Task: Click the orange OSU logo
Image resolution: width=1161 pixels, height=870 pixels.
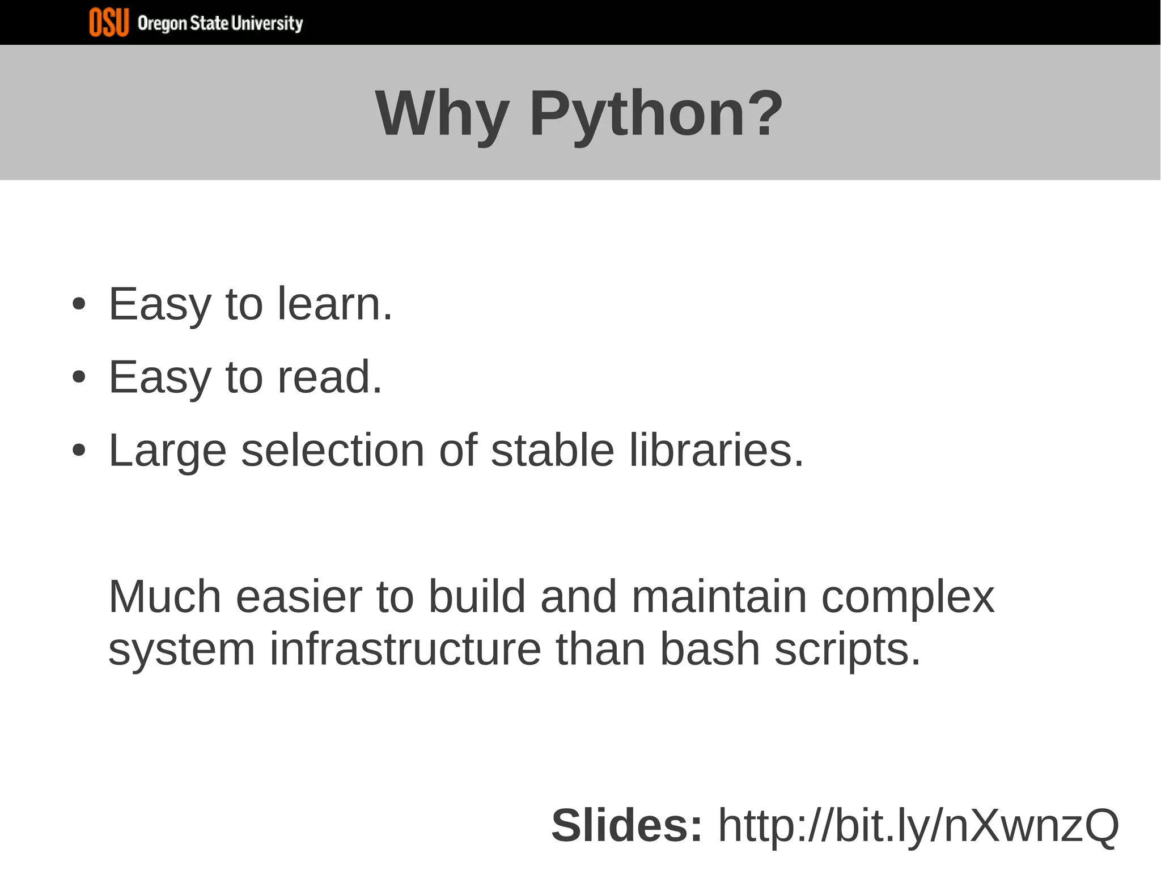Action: pyautogui.click(x=109, y=23)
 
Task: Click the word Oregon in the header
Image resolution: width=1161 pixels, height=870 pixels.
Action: pyautogui.click(x=162, y=24)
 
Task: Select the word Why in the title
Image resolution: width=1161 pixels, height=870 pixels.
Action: pyautogui.click(x=442, y=114)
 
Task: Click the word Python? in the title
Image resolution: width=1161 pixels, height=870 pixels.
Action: pyautogui.click(x=656, y=114)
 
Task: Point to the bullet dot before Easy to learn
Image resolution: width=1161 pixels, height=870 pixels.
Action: pyautogui.click(x=79, y=304)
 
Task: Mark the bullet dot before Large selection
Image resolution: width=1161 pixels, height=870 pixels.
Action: pyautogui.click(x=79, y=451)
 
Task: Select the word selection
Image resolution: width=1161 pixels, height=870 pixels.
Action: pyautogui.click(x=333, y=451)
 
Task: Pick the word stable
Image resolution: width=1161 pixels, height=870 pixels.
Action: pyautogui.click(x=552, y=451)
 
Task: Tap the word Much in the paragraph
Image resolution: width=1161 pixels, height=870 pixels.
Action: pyautogui.click(x=164, y=597)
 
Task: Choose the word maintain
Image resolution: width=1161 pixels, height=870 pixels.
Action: pyautogui.click(x=719, y=597)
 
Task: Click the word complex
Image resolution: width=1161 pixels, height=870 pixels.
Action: pyautogui.click(x=908, y=598)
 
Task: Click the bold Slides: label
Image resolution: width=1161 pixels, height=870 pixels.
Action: pyautogui.click(x=627, y=826)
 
